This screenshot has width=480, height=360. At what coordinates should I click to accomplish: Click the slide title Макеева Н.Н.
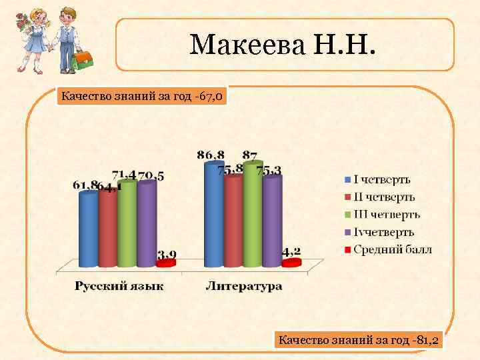coord(283,45)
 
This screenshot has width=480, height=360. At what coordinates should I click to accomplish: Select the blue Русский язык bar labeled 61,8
coord(88,229)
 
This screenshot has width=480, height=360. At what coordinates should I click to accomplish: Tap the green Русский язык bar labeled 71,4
coord(127,223)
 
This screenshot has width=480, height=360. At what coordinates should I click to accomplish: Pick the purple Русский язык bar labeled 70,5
coord(146,223)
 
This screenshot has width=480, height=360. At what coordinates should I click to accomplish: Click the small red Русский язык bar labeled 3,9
coord(165,263)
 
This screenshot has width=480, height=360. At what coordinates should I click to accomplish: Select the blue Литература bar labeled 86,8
coord(214,213)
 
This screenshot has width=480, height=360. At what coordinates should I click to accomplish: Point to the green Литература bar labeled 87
coord(253,213)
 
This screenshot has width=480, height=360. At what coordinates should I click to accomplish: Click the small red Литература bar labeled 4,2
coord(291,263)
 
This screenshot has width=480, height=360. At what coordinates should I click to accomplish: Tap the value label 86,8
coord(211,155)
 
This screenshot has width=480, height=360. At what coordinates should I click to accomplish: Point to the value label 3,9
coord(167,254)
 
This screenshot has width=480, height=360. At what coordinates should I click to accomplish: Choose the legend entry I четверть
coord(381,179)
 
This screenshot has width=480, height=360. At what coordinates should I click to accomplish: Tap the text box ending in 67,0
coord(142,97)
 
